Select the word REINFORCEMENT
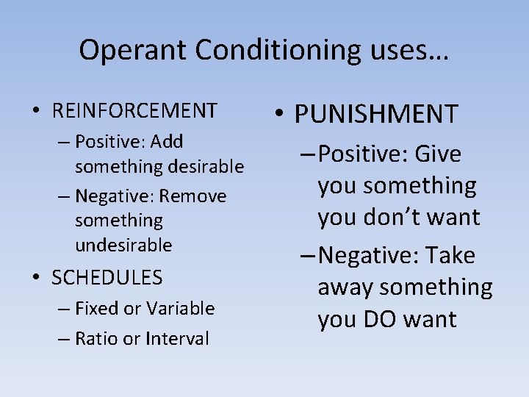[135, 111]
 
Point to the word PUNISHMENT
[376, 114]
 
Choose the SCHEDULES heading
[107, 277]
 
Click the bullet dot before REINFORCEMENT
[35, 111]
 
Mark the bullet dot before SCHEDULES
[35, 278]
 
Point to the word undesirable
[123, 244]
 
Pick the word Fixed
[97, 308]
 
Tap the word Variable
[180, 308]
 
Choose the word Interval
[177, 338]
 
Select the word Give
[438, 154]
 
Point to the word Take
[450, 256]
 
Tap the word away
[346, 287]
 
